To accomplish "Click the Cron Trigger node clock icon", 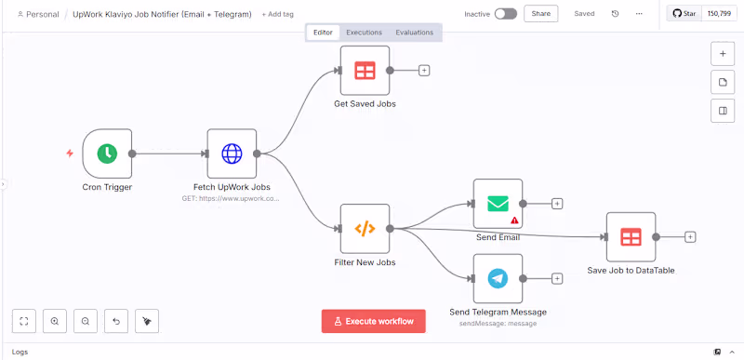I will point(107,153).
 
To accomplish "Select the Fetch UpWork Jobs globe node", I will point(232,153).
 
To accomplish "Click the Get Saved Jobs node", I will point(365,70).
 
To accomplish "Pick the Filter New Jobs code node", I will point(365,229).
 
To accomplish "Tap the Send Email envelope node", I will point(498,203).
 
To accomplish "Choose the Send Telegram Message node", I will point(498,278).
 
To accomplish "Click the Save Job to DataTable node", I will point(631,237).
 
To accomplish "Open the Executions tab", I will point(364,33).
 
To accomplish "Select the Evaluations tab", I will point(414,33).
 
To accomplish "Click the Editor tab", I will point(323,33).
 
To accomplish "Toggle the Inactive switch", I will point(505,14).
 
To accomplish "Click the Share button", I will point(540,14).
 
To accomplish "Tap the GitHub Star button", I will point(684,14).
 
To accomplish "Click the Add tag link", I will point(277,15).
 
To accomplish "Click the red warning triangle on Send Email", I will point(514,220).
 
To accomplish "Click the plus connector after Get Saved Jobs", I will point(424,70).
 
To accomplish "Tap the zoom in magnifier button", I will point(55,321).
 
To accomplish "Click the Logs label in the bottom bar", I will point(20,353).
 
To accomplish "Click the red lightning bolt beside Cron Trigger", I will point(70,153).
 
